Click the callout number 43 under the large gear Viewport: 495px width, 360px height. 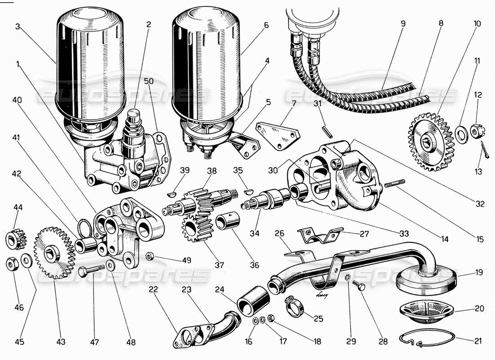coord(61,342)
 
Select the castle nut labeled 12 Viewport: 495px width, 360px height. coord(477,131)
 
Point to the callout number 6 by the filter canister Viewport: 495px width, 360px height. coord(266,25)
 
